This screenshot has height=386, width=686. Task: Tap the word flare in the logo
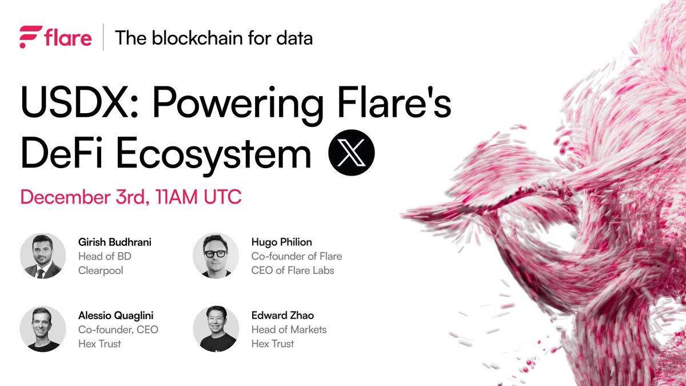tap(67, 38)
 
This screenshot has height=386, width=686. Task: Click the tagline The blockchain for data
tap(214, 38)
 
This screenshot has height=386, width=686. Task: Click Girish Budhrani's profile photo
tap(43, 256)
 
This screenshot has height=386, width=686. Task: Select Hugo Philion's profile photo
tap(216, 256)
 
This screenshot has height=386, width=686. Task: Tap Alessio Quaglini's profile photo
tap(43, 329)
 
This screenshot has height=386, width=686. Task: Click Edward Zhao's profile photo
tap(216, 329)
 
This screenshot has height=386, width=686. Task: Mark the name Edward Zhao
tap(282, 316)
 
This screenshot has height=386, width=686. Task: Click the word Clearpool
tap(101, 270)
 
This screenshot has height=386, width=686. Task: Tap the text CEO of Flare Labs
tap(293, 270)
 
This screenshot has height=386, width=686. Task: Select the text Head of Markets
tap(289, 329)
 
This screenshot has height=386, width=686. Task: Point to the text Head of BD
tap(105, 256)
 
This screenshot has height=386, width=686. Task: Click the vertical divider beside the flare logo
tap(103, 38)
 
